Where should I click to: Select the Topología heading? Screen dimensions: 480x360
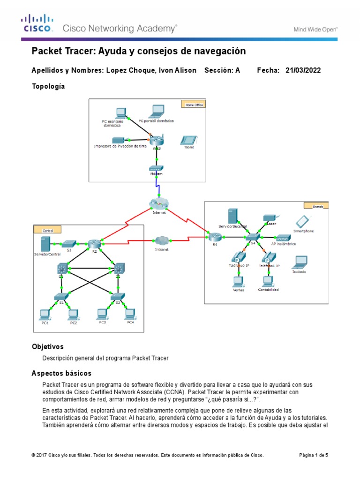48,87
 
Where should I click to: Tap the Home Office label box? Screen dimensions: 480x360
194,105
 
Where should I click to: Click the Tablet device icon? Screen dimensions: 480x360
188,140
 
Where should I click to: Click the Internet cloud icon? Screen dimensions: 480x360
158,203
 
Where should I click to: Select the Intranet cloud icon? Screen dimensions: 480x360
161,240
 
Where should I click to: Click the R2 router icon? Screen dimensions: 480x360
94,243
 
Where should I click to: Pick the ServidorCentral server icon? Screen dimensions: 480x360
45,244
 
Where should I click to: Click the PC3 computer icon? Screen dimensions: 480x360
102,313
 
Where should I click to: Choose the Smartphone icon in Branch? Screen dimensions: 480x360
303,221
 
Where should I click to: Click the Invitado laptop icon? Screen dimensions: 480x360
300,262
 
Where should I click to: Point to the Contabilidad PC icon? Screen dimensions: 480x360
268,281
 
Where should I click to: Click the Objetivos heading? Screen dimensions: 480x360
47,347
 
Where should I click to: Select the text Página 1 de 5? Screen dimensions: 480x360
314,455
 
